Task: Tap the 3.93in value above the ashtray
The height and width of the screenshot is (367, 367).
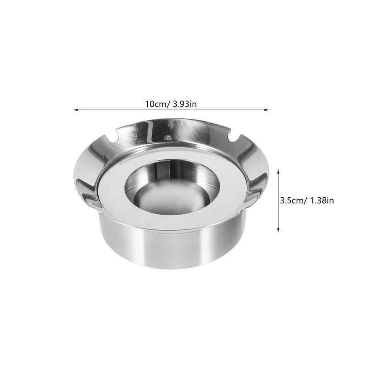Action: coord(185,104)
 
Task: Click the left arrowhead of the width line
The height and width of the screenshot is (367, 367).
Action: coord(75,110)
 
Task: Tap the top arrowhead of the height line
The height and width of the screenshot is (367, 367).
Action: coord(278,172)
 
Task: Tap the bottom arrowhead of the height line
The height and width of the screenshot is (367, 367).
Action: coord(278,230)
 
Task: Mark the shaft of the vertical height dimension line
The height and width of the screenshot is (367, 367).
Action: coord(278,201)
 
